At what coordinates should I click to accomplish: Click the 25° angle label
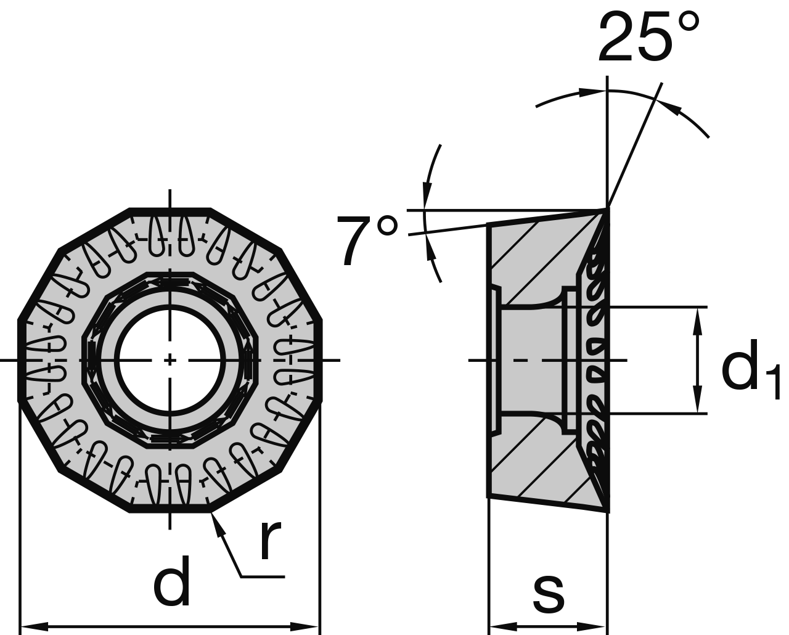648,38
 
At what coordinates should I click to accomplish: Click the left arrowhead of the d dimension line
31,627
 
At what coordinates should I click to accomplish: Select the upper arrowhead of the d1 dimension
697,317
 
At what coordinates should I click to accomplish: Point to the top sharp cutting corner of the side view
608,210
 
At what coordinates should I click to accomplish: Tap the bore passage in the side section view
530,360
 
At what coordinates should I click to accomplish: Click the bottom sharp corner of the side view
607,510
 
